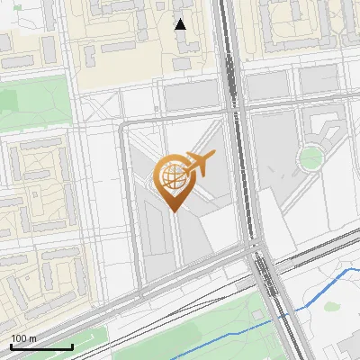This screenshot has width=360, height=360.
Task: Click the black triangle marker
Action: coord(180,24)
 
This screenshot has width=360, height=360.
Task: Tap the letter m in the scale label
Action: coord(32,338)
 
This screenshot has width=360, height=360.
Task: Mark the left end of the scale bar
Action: coord(11,346)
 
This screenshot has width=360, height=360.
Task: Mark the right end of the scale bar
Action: coord(72,346)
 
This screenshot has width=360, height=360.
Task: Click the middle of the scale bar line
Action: coord(41,346)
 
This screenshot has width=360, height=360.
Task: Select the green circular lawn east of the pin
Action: coord(310,158)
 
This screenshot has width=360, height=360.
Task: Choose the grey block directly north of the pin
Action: coord(190,94)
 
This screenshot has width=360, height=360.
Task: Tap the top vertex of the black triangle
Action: coord(180,19)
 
